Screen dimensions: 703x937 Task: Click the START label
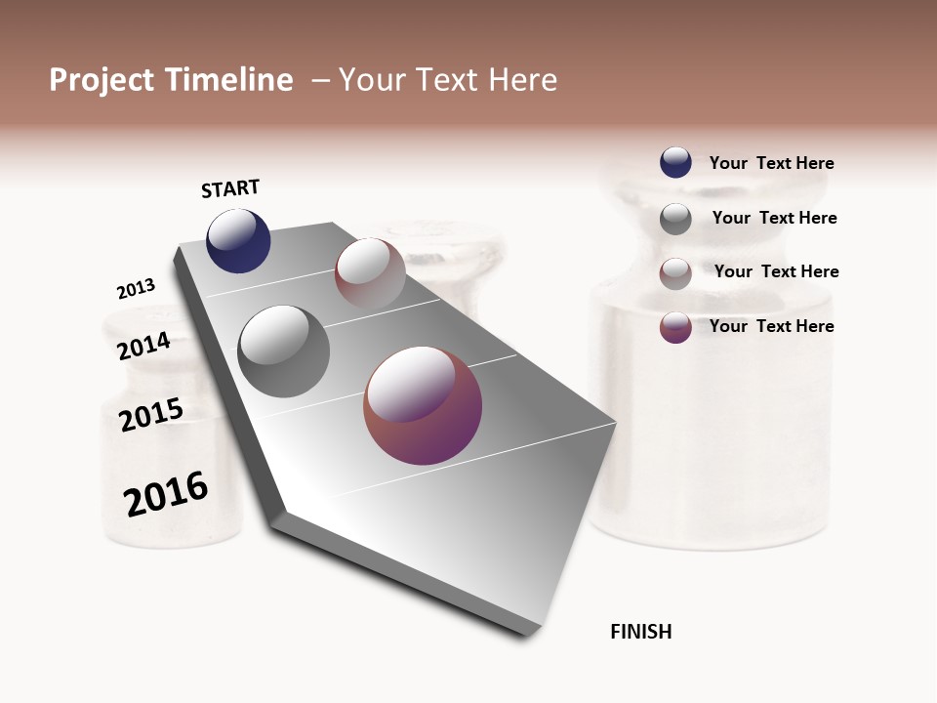pyautogui.click(x=230, y=188)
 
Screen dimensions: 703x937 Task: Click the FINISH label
pyautogui.click(x=640, y=632)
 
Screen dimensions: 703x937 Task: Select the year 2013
pyautogui.click(x=136, y=289)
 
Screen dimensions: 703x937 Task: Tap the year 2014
pyautogui.click(x=143, y=346)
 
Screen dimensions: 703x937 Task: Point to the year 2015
pyautogui.click(x=151, y=414)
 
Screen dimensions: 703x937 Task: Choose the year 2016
pyautogui.click(x=166, y=493)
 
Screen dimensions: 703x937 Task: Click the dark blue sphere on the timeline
pyautogui.click(x=238, y=241)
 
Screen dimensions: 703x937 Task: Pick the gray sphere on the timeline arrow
pyautogui.click(x=284, y=351)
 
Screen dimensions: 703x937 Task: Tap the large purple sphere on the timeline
pyautogui.click(x=423, y=405)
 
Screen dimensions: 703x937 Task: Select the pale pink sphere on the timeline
pyautogui.click(x=370, y=273)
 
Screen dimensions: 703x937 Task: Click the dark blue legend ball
pyautogui.click(x=675, y=162)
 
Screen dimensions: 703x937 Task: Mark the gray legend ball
pyautogui.click(x=675, y=219)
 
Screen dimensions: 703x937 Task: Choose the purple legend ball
pyautogui.click(x=675, y=327)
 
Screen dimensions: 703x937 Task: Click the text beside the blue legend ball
pyautogui.click(x=771, y=163)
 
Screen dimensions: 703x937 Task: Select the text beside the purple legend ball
pyautogui.click(x=771, y=326)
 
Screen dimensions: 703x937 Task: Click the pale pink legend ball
pyautogui.click(x=675, y=273)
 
